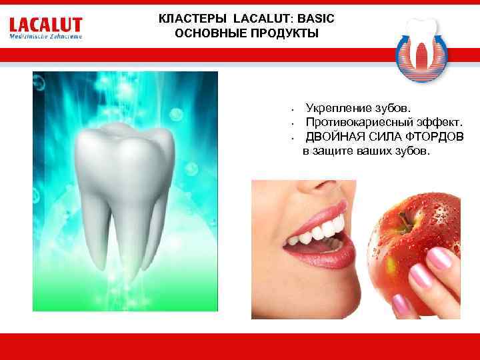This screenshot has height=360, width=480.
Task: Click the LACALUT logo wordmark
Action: click(x=45, y=26)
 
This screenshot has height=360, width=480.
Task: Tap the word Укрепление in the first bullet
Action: click(x=339, y=107)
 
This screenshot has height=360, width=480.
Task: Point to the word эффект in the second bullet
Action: click(x=433, y=122)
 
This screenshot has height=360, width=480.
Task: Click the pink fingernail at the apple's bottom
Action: click(x=401, y=305)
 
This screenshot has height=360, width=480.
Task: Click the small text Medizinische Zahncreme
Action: click(x=45, y=37)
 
